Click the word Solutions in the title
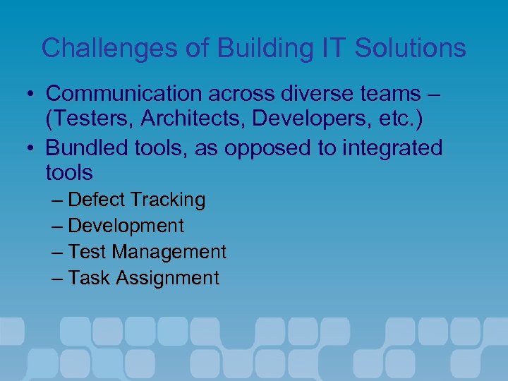coord(411,48)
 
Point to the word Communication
coord(126,93)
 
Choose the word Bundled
coord(88,148)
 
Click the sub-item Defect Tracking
coord(137,200)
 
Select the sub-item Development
coord(126,226)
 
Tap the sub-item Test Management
coord(147,252)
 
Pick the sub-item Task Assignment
coord(144,278)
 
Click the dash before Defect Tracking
coord(59,200)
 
